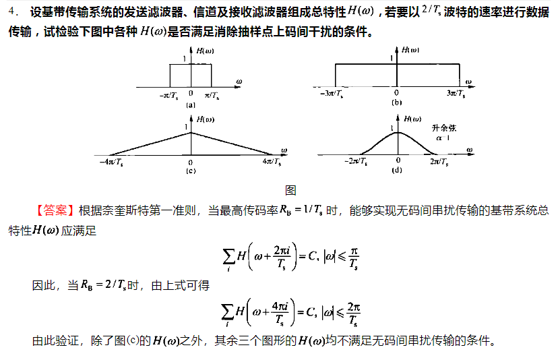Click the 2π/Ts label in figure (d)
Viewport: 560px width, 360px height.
[439, 162]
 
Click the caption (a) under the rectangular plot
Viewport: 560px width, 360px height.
[191, 104]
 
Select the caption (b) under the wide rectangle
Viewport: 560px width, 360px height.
[397, 102]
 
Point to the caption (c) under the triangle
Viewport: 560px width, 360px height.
[190, 171]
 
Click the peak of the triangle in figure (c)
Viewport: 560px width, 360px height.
[191, 132]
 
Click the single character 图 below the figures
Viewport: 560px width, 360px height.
[290, 191]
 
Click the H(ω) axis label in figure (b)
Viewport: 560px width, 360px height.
[410, 50]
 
